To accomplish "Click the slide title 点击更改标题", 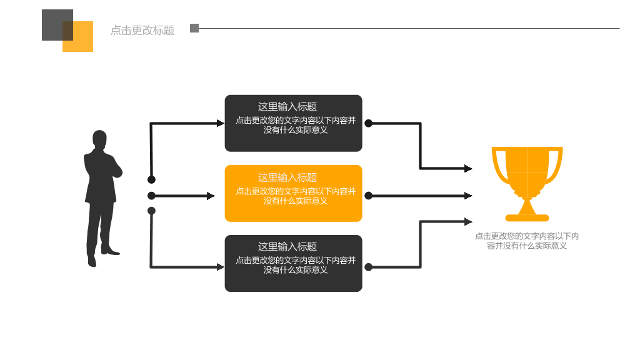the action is coord(142,30).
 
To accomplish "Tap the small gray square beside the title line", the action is coord(194,28).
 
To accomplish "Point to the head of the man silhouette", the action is coord(99,139).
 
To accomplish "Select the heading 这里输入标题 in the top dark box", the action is coord(287,107).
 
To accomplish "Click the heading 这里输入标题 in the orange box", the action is coord(287,177).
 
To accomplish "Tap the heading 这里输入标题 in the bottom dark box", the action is coord(287,246).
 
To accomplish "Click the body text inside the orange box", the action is coord(296,196).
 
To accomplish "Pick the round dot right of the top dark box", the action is coord(369,123).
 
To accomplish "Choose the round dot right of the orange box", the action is coord(369,196).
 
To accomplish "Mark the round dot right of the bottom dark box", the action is coord(369,267).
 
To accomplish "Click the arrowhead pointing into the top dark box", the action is coord(221,123).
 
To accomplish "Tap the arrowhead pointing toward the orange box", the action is coord(211,196).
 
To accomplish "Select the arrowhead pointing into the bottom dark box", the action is coord(221,267).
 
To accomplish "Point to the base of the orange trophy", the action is coord(527,217).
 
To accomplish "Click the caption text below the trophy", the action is coord(527,241).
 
